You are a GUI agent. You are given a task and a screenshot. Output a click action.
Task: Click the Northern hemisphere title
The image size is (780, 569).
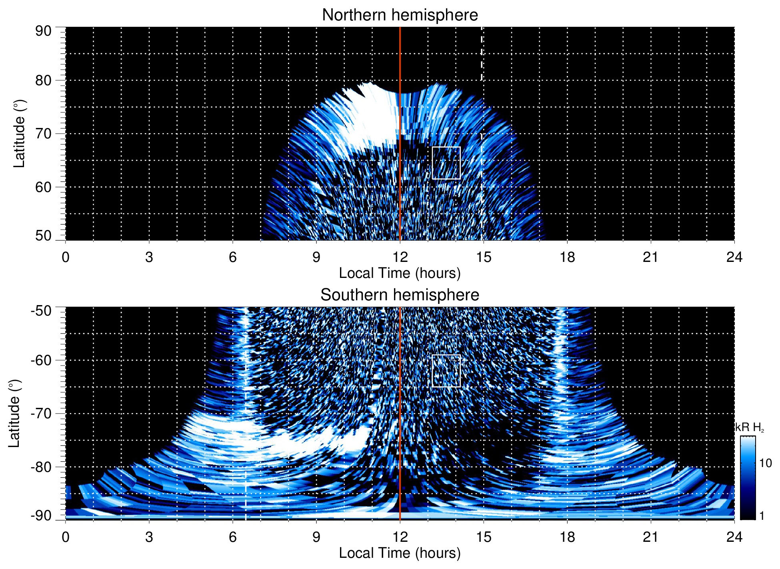click(400, 15)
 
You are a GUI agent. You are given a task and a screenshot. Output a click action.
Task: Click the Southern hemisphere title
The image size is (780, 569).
click(400, 295)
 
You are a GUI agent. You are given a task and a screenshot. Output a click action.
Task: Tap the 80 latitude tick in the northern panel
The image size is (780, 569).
click(43, 80)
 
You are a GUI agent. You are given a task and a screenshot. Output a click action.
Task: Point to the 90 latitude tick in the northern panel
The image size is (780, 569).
click(43, 31)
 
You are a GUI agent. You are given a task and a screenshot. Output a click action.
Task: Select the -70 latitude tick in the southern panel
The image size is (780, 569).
click(41, 413)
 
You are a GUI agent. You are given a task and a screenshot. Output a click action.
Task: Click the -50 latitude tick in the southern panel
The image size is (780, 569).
click(41, 311)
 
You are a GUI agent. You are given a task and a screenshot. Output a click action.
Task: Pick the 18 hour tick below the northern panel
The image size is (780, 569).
click(567, 257)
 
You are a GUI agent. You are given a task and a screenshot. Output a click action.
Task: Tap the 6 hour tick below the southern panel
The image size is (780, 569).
click(232, 537)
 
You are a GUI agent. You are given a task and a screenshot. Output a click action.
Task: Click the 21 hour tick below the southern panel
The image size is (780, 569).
click(651, 537)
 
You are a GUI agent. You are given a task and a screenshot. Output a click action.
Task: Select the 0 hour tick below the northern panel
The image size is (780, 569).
click(66, 257)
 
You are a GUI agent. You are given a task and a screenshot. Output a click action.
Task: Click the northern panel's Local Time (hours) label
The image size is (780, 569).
click(400, 274)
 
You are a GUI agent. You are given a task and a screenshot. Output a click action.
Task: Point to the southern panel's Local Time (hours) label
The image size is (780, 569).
click(400, 553)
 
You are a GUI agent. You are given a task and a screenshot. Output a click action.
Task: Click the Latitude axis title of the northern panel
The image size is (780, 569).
click(19, 134)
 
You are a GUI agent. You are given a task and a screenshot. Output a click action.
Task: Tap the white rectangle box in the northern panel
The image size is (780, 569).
click(446, 163)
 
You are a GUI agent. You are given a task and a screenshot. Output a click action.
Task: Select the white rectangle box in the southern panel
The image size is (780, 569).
click(446, 371)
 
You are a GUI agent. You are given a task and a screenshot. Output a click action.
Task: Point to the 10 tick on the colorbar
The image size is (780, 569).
click(765, 463)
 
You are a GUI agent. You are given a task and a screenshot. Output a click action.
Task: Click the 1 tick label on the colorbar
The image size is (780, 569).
click(762, 516)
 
